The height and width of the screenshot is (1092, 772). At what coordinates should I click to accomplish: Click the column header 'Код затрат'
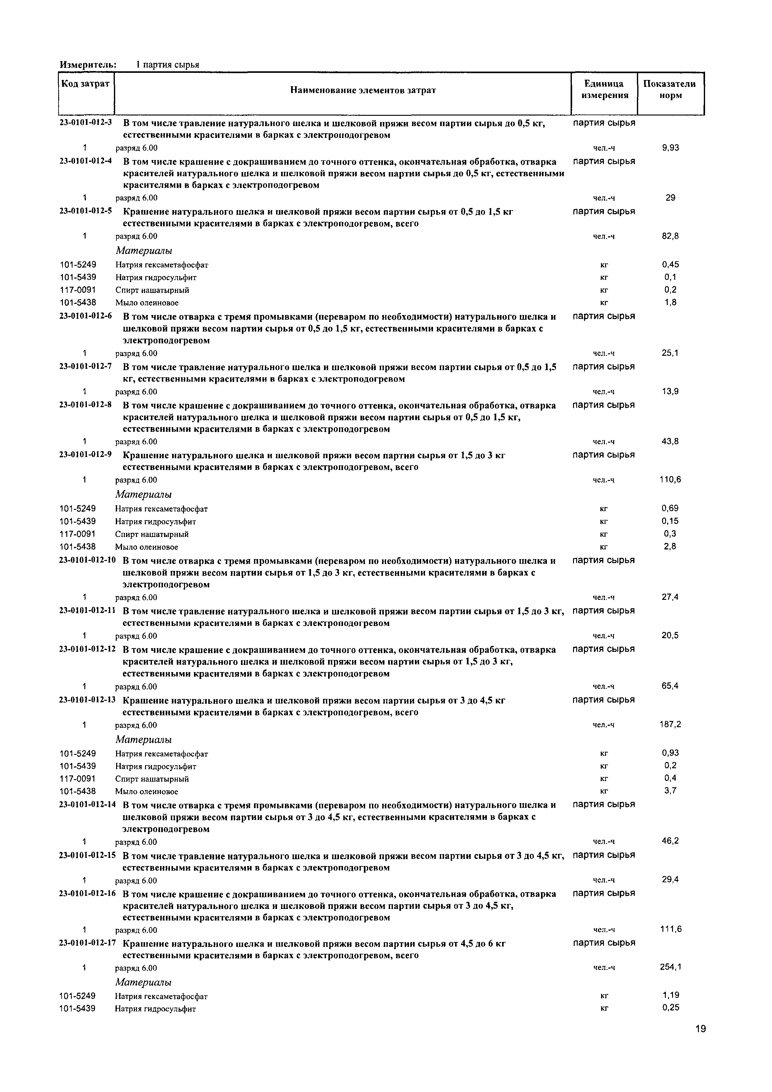pos(86,84)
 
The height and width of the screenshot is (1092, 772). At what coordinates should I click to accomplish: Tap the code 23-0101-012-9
pos(86,454)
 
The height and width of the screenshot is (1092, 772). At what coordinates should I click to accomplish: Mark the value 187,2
pos(671,724)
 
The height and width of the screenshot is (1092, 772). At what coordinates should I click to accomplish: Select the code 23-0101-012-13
pos(87,700)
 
